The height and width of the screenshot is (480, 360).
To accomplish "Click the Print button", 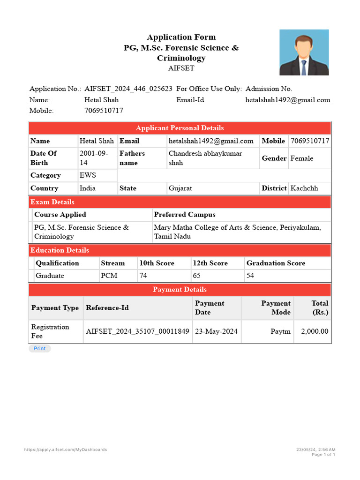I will click(x=40, y=348).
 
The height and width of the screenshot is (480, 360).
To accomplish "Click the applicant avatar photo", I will click(x=304, y=52).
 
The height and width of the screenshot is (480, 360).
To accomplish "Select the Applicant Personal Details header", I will click(x=180, y=128).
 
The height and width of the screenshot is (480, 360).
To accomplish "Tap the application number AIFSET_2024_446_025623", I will click(x=128, y=89).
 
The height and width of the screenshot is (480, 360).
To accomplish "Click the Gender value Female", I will click(x=302, y=158).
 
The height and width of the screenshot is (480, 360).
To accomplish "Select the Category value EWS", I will click(x=88, y=175).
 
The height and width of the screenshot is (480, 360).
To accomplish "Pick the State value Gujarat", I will click(x=180, y=188).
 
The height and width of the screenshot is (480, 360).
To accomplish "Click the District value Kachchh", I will click(x=304, y=188).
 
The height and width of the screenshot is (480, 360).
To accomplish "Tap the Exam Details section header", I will click(x=52, y=202).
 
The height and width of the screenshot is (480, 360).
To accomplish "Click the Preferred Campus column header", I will click(x=185, y=215).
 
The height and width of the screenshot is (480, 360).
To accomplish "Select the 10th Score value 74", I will click(x=143, y=276).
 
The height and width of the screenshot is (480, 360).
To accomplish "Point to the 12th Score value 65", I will click(x=197, y=276).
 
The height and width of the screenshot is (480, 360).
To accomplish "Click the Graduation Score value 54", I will click(x=250, y=276).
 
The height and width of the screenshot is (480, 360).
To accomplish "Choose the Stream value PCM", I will click(x=109, y=276).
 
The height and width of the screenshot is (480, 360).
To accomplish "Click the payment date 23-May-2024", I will click(x=216, y=331).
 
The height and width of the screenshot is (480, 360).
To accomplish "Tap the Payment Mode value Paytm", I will click(x=280, y=331).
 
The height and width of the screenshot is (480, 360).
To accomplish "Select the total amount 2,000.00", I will click(x=315, y=331).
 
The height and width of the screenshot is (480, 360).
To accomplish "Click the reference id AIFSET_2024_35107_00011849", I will click(x=138, y=331).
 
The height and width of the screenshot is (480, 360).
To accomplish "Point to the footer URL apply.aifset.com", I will click(x=66, y=450).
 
